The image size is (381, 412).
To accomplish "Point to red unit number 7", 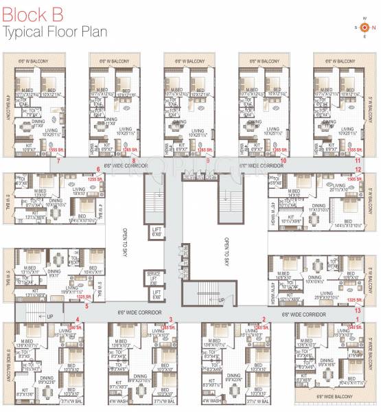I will tap(59, 161).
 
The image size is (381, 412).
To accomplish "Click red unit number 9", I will tap(208, 161).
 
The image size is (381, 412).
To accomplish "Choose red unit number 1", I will tap(357, 319).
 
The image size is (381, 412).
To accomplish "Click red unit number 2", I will tap(264, 319).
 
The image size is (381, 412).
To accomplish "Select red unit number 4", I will tap(78, 319).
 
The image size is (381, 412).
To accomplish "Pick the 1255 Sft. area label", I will tap(95, 179).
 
